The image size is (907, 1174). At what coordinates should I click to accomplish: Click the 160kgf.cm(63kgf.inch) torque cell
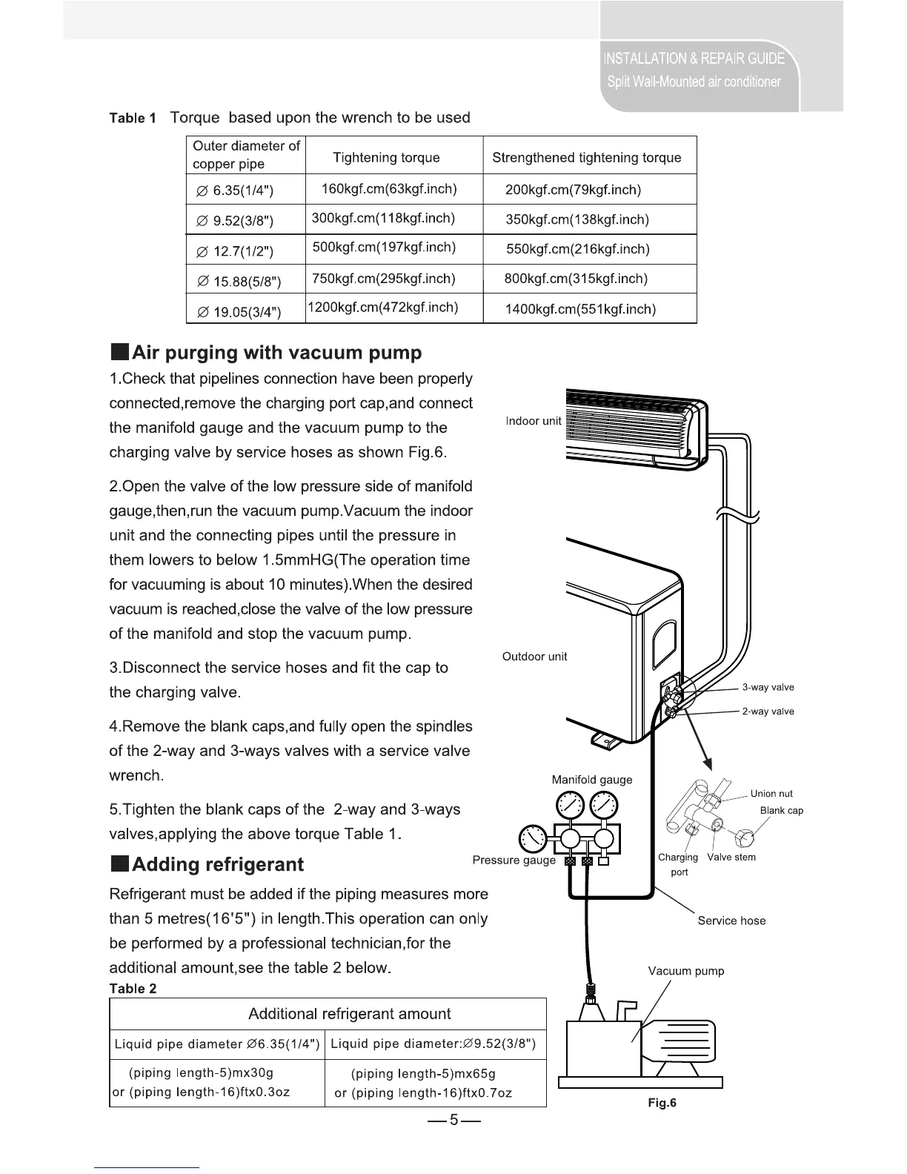(x=389, y=189)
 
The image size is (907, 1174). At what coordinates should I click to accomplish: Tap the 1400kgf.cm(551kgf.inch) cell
(x=580, y=309)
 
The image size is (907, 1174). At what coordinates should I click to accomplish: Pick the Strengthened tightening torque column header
(x=586, y=158)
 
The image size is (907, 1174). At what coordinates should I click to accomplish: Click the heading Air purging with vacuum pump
(x=276, y=352)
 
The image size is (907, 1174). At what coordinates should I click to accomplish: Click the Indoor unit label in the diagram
(x=534, y=421)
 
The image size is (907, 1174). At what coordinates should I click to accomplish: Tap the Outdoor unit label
(x=534, y=657)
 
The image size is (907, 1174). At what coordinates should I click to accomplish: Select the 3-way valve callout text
(x=768, y=687)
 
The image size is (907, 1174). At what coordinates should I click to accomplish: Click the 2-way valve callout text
(x=768, y=712)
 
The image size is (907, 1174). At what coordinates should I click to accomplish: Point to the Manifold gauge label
(x=592, y=780)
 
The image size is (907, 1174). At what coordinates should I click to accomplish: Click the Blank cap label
(x=781, y=811)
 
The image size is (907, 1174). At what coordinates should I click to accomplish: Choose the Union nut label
(x=771, y=794)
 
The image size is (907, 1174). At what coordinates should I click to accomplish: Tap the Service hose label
(x=731, y=921)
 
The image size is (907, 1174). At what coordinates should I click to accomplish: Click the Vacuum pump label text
(x=686, y=971)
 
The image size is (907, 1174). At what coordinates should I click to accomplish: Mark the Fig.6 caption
(x=662, y=1103)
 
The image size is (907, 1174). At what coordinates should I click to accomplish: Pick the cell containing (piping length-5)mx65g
(x=422, y=1074)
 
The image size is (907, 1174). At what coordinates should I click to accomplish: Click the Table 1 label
(x=133, y=119)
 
